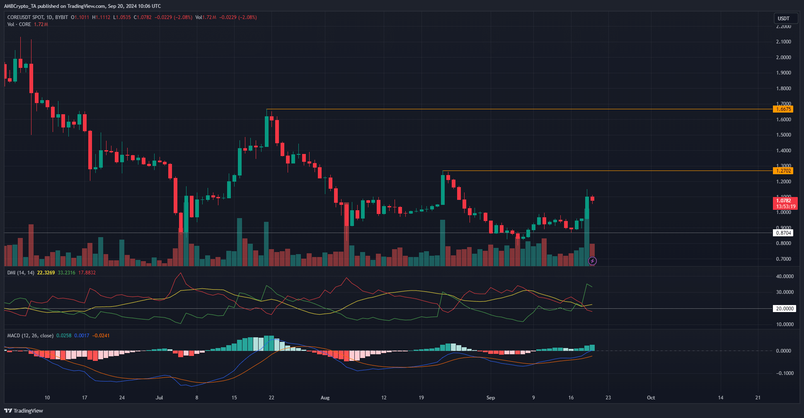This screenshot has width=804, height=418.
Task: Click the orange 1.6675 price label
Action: (x=783, y=109)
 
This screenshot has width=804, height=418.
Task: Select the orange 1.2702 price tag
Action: (x=783, y=171)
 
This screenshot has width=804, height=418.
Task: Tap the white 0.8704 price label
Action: (x=783, y=233)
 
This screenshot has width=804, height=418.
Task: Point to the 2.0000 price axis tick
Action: (x=783, y=58)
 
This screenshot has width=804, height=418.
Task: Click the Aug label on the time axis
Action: (x=325, y=398)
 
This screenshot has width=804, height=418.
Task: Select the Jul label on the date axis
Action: (x=159, y=398)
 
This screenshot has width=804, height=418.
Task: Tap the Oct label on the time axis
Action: (x=651, y=398)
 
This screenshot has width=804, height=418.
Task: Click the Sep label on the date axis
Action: (x=490, y=398)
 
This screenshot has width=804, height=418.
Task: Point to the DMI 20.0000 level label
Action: (x=785, y=309)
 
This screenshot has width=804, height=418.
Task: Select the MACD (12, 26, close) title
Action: (x=30, y=336)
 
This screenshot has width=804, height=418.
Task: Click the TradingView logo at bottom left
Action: (x=24, y=411)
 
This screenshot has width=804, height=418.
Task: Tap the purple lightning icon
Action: (x=592, y=261)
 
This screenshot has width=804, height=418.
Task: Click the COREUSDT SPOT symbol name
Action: (x=25, y=17)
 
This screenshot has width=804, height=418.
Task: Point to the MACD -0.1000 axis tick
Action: (x=785, y=373)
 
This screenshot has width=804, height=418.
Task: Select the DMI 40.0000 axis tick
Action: (x=785, y=276)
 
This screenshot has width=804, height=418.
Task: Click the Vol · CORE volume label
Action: (x=19, y=24)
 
